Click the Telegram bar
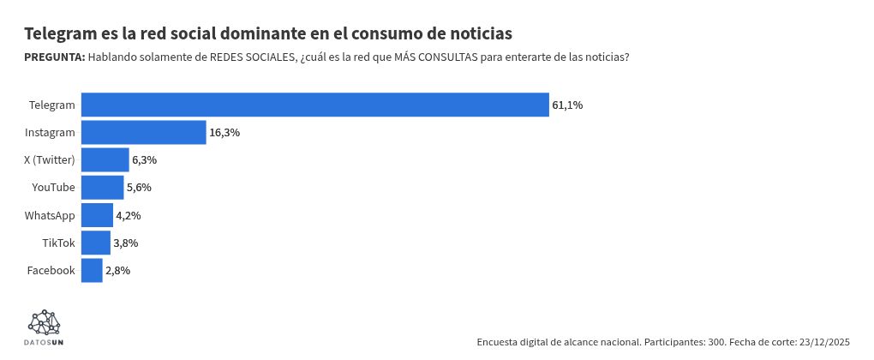(314, 105)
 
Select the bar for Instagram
(143, 133)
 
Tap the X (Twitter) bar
(105, 160)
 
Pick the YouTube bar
(102, 188)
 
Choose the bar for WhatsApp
(97, 215)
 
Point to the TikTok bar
(95, 243)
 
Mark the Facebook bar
(92, 271)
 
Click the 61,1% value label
(567, 105)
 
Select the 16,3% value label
(224, 133)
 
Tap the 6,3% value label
(144, 160)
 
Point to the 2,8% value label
(117, 271)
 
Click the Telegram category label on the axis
(51, 105)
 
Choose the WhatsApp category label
(50, 215)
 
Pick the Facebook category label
(51, 271)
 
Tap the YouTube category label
(53, 188)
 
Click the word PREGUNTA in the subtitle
(54, 57)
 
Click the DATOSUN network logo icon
(45, 323)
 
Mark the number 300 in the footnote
(716, 342)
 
